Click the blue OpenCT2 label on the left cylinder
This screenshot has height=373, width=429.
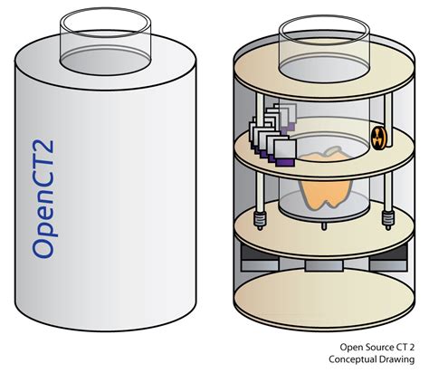pyautogui.click(x=43, y=199)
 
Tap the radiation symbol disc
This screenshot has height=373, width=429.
pyautogui.click(x=377, y=138)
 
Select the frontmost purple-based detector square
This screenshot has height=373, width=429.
pyautogui.click(x=285, y=154)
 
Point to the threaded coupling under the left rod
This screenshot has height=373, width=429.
pyautogui.click(x=260, y=220)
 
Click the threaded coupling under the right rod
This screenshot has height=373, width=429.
pyautogui.click(x=388, y=219)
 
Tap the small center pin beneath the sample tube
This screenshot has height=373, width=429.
pyautogui.click(x=324, y=226)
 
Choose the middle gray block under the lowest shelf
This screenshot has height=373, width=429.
pyautogui.click(x=324, y=264)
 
